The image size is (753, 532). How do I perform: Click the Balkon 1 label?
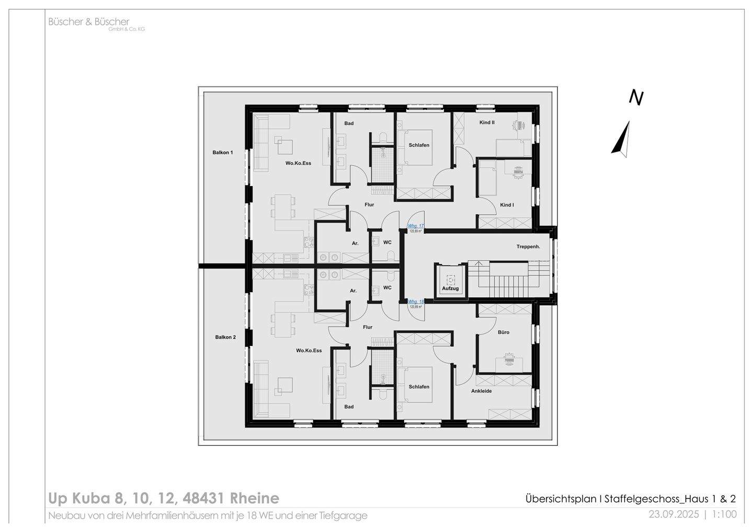[222, 153]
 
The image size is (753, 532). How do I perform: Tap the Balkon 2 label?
[225, 337]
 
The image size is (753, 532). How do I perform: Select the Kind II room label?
[487, 122]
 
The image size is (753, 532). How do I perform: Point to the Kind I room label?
[507, 205]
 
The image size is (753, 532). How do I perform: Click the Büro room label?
[504, 332]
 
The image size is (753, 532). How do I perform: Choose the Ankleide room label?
[481, 391]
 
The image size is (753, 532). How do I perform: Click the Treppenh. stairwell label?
[528, 246]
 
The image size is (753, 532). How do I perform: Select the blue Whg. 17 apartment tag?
[416, 226]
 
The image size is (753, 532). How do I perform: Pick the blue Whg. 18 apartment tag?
[416, 302]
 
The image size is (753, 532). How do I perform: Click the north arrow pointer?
[621, 138]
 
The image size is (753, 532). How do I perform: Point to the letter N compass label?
[636, 98]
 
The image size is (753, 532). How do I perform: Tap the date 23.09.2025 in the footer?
[674, 514]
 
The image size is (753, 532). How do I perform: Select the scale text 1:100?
[724, 514]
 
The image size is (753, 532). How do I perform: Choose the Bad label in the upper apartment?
[349, 123]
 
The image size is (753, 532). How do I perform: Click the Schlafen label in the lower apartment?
[419, 387]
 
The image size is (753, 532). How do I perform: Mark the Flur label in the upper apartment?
[369, 205]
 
